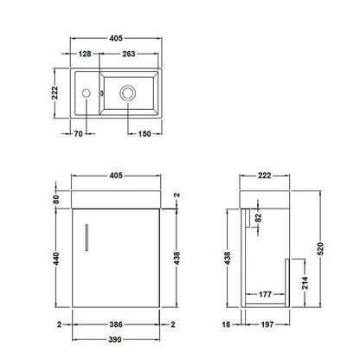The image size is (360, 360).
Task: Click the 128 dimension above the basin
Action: [84, 55]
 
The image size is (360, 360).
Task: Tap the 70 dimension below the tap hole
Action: [77, 135]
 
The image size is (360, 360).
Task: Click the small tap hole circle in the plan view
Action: [87, 93]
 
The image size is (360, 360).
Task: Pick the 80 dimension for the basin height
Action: [57, 200]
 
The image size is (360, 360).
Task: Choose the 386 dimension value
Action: [115, 325]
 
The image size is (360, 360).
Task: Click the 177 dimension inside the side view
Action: [265, 295]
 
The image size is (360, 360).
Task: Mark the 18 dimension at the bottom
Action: [225, 325]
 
